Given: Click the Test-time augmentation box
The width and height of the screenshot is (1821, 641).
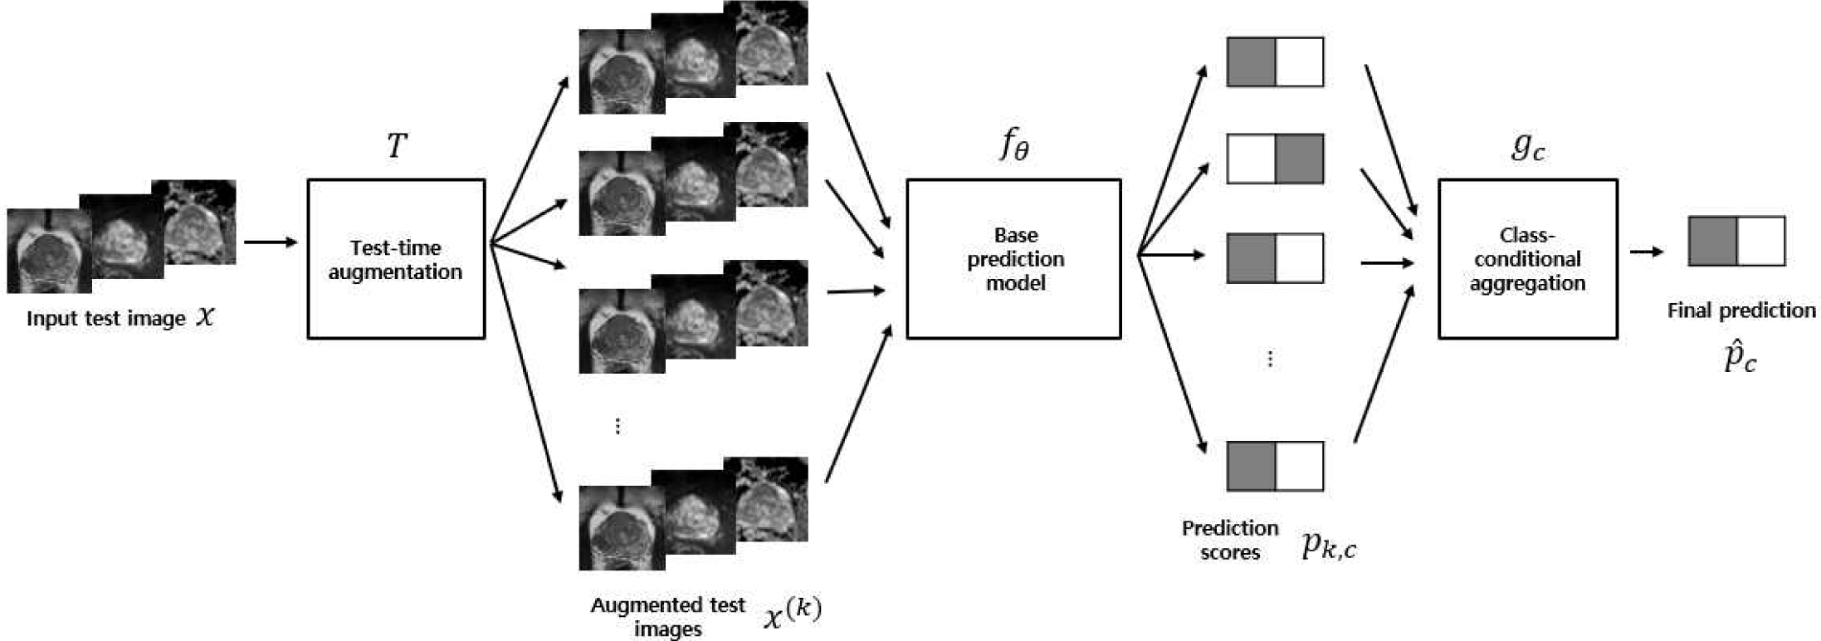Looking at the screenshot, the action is click(396, 259).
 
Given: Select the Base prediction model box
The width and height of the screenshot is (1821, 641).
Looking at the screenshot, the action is click(1013, 259).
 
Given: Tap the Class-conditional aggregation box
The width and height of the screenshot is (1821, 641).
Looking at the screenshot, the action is click(1527, 259).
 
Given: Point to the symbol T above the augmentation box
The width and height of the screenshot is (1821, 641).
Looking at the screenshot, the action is click(397, 145).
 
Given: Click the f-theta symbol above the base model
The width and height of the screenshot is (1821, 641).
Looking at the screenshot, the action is click(1014, 144).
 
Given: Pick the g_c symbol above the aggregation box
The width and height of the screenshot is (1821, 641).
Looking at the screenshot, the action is click(1528, 147).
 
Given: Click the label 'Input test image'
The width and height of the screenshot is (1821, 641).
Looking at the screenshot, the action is click(105, 319).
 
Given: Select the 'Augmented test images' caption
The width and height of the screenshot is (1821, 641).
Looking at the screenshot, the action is click(667, 616).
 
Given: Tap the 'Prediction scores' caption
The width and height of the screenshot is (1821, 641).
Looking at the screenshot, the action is click(1230, 540).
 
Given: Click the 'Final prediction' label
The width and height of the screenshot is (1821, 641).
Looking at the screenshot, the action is click(1741, 311).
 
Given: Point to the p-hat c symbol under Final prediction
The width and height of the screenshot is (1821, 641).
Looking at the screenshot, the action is click(1740, 357).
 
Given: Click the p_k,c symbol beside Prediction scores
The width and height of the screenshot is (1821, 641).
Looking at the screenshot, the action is click(1329, 545).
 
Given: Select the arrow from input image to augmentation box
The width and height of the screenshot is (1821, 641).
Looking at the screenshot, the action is click(271, 242).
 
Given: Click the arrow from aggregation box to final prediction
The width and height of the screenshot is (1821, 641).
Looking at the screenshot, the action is click(1647, 251).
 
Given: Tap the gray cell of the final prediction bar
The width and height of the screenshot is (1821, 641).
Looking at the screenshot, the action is click(1712, 241).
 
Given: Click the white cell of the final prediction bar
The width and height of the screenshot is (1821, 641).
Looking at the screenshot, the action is click(1760, 241).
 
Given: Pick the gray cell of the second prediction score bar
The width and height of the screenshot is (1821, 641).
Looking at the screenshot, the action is click(1299, 159).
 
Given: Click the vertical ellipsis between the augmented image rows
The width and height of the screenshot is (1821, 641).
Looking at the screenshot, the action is click(618, 426).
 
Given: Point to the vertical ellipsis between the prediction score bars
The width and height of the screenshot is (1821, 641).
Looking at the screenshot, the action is click(1269, 359).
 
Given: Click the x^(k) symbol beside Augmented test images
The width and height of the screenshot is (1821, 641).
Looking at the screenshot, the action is click(792, 613).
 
